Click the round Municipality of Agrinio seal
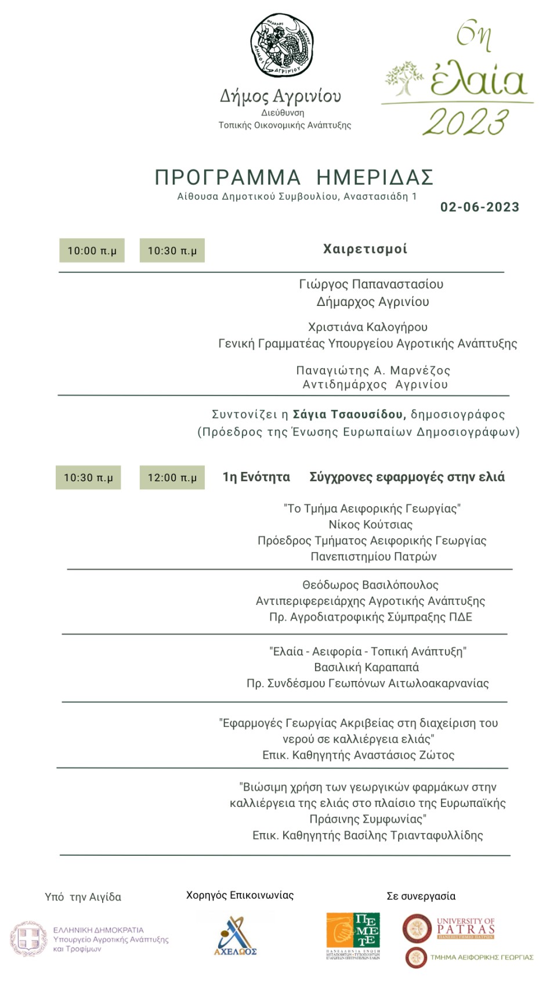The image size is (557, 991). click(282, 45)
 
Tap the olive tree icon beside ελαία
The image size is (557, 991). click(404, 78)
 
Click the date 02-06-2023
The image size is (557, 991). click(480, 207)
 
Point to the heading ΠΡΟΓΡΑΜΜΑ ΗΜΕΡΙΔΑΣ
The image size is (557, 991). click(294, 177)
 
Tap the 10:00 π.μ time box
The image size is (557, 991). click(92, 251)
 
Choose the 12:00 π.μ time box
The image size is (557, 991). click(172, 478)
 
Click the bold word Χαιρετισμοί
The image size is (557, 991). click(365, 249)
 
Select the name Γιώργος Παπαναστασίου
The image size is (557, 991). click(371, 284)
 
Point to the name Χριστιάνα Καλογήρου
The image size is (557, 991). click(368, 327)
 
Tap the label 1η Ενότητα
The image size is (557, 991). click(256, 477)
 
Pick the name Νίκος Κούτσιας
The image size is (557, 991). click(371, 524)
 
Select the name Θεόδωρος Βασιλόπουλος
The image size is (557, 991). click(370, 585)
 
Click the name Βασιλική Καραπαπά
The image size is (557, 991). click(366, 667)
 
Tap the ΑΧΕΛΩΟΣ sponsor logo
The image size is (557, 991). click(235, 936)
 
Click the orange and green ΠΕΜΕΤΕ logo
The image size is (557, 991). click(353, 935)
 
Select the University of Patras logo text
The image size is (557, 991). click(465, 928)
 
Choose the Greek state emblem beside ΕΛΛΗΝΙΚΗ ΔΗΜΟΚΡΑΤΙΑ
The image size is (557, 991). click(28, 939)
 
